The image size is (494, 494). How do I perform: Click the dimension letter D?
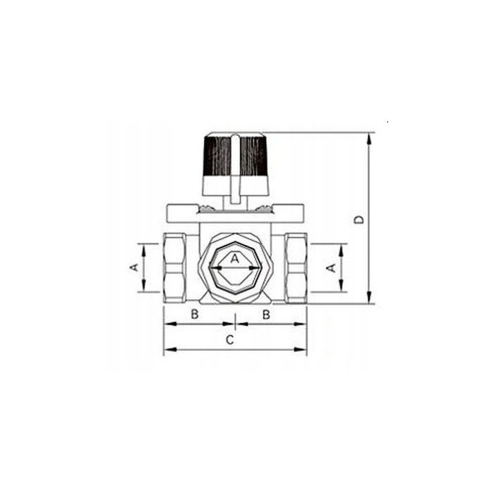pyautogui.click(x=359, y=219)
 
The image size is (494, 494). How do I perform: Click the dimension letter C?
pyautogui.click(x=230, y=340)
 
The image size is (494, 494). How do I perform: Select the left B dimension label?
pyautogui.click(x=195, y=314)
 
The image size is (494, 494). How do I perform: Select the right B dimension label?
pyautogui.click(x=266, y=314)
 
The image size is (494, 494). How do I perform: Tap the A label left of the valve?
pyautogui.click(x=135, y=267)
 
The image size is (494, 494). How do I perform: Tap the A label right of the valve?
pyautogui.click(x=331, y=268)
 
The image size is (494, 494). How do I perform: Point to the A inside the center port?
pyautogui.click(x=235, y=259)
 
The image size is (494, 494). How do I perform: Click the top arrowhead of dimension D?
pyautogui.click(x=369, y=139)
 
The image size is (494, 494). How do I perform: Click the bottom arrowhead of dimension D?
pyautogui.click(x=369, y=298)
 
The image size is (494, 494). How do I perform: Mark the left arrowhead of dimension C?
pyautogui.click(x=170, y=349)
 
